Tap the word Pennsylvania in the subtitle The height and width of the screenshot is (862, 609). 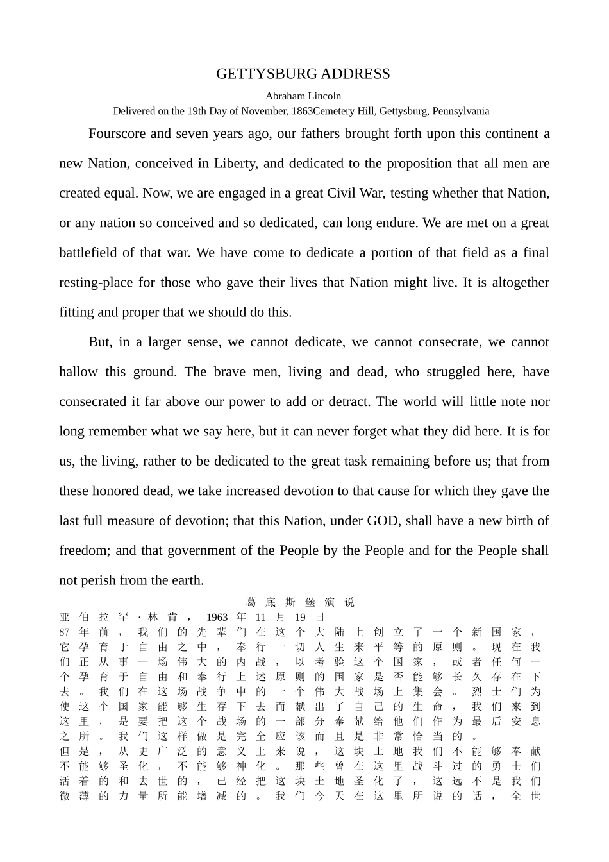tap(460, 111)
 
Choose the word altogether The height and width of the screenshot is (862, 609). tap(519, 283)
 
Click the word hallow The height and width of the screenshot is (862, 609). tap(79, 372)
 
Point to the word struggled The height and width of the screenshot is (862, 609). tap(452, 372)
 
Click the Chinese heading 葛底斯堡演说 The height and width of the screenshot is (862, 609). tap(300, 603)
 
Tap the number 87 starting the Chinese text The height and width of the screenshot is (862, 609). tap(65, 632)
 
